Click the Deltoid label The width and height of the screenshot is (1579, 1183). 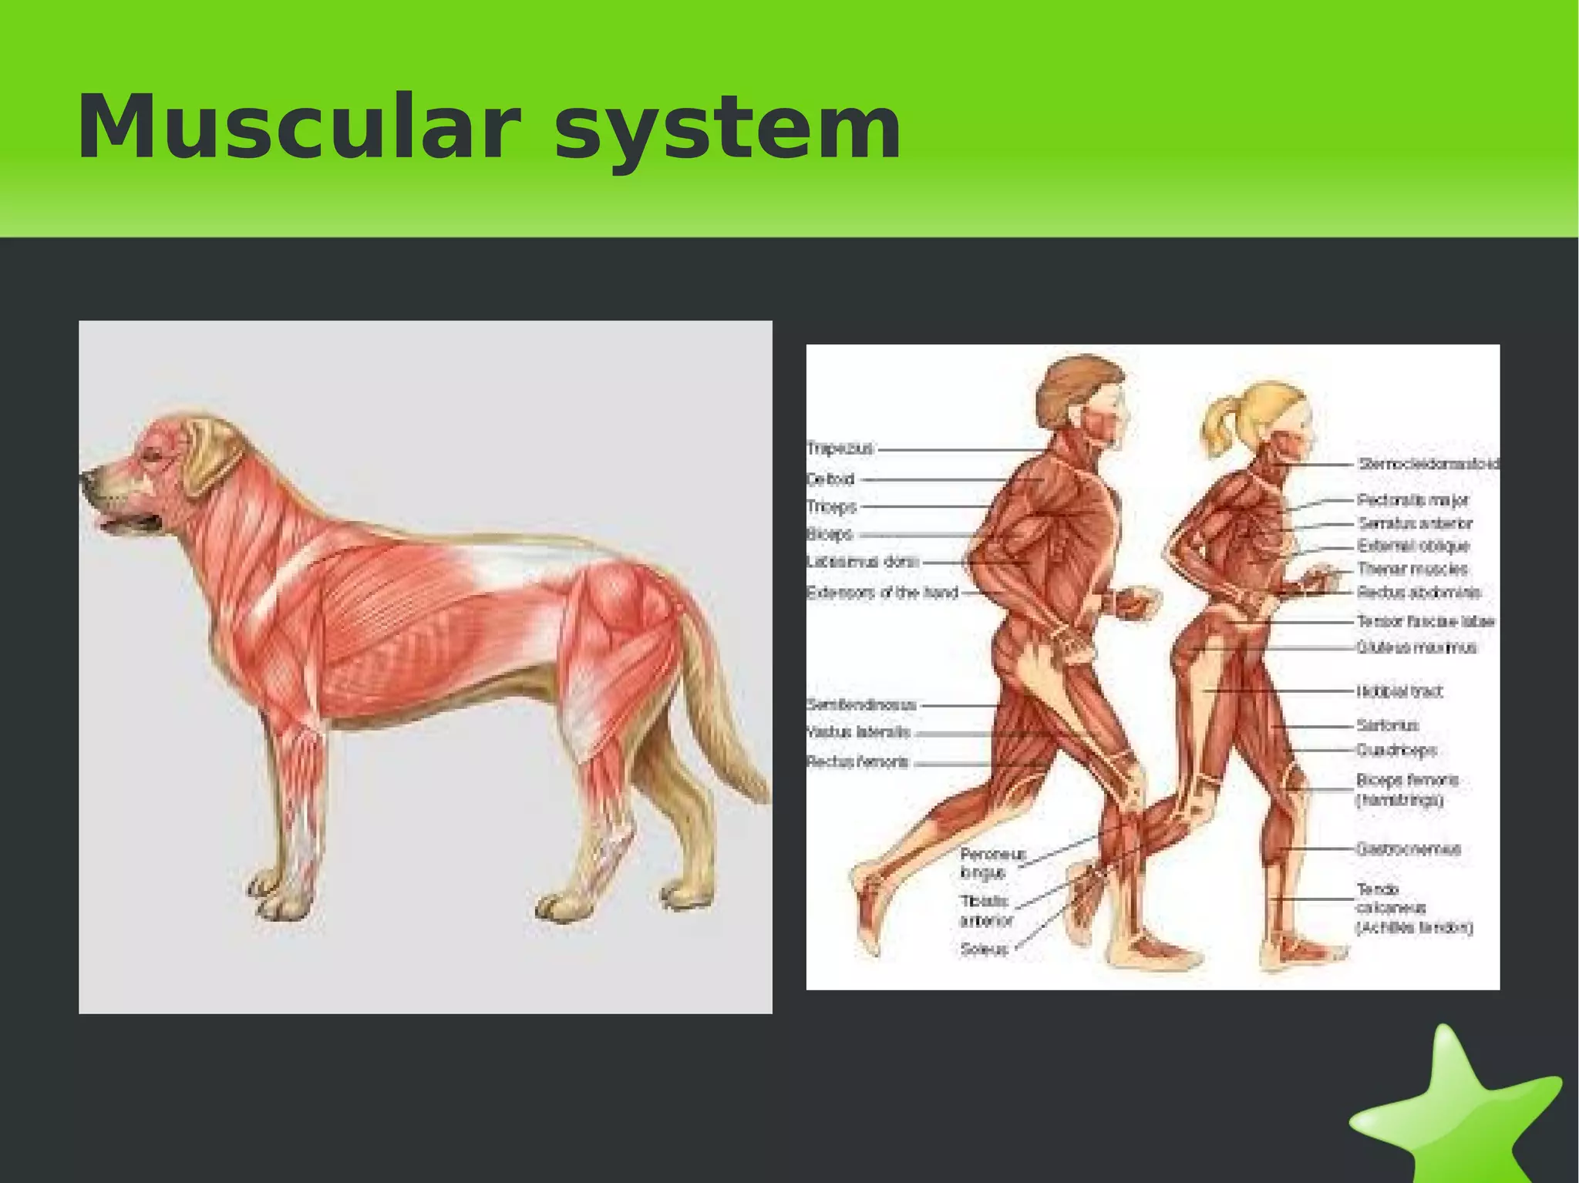coord(831,479)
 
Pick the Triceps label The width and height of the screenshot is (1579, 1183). coord(832,507)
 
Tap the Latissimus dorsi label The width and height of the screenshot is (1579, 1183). coord(863,562)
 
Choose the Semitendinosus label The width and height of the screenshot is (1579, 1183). coord(861,704)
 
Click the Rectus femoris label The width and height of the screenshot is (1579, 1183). coord(857,762)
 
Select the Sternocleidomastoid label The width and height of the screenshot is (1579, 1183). coord(1429,464)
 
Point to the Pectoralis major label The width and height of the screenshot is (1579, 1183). coord(1412,500)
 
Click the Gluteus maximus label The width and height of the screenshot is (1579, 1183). coord(1416,647)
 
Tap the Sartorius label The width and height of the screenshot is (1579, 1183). coord(1388,725)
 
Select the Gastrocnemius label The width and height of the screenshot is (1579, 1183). coord(1409,849)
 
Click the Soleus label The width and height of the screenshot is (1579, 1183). coord(984,949)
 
